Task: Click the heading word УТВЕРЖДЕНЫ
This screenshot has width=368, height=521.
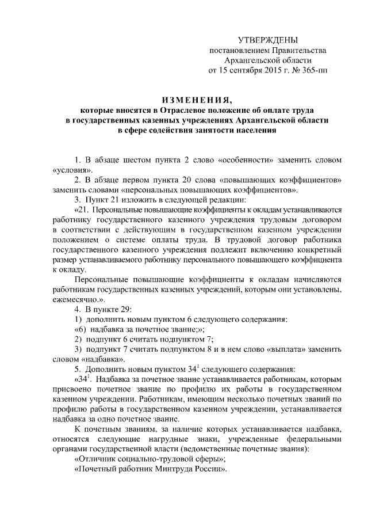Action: point(268,40)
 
